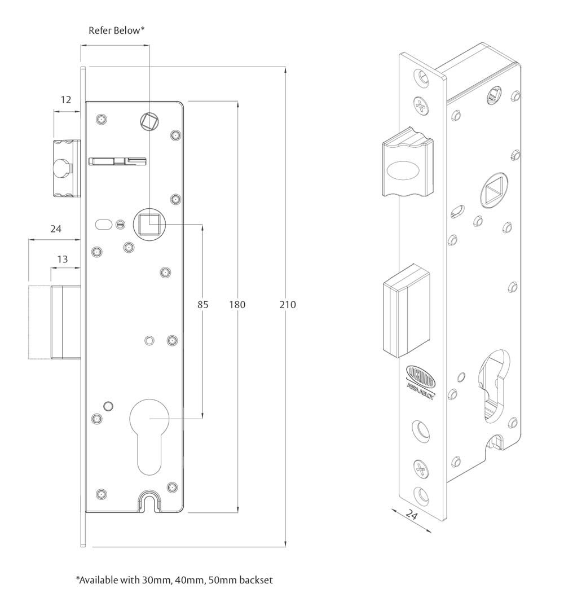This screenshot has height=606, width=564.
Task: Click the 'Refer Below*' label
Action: point(117,30)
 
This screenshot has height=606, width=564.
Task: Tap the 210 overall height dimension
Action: point(288,305)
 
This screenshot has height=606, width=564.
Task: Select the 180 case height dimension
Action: point(237,305)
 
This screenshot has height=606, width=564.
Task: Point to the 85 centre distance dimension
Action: point(202,305)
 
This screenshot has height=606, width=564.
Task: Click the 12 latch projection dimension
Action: point(66,100)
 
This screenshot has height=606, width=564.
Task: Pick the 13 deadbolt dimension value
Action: point(63,259)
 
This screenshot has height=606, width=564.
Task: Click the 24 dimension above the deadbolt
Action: point(55,229)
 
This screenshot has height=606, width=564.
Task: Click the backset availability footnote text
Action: point(175,579)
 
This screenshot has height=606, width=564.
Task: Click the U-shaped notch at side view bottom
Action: point(149,500)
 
